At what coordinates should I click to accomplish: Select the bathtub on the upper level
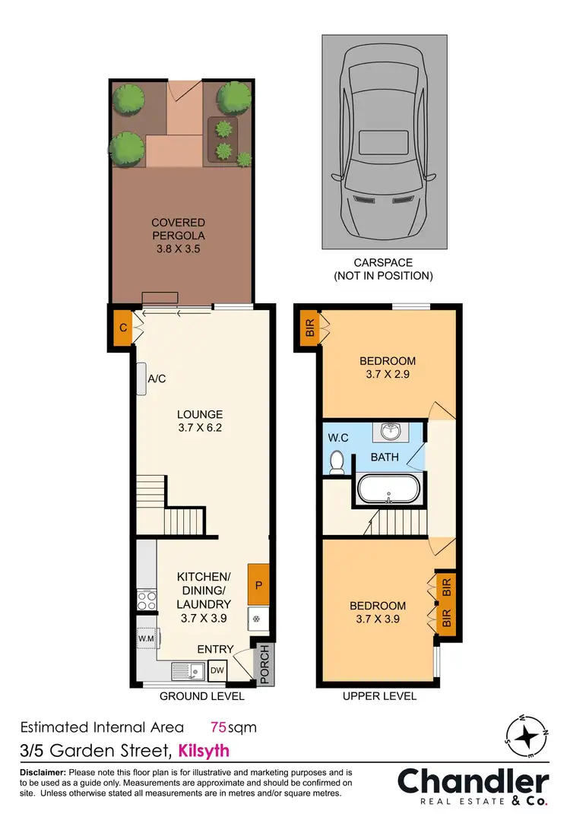coord(388,489)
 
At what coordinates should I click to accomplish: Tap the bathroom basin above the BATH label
coord(391,432)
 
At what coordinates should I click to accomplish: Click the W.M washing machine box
coord(146,638)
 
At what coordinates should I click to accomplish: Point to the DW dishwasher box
coord(217,670)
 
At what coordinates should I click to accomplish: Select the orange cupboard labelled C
coord(122,328)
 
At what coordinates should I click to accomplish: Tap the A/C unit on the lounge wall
coord(142,378)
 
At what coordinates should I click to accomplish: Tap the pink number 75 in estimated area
coord(219,727)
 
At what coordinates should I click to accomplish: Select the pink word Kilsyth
coord(203,751)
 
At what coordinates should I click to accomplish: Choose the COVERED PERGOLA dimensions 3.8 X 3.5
coord(179,248)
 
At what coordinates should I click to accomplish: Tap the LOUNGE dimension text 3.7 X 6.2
coord(200,427)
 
